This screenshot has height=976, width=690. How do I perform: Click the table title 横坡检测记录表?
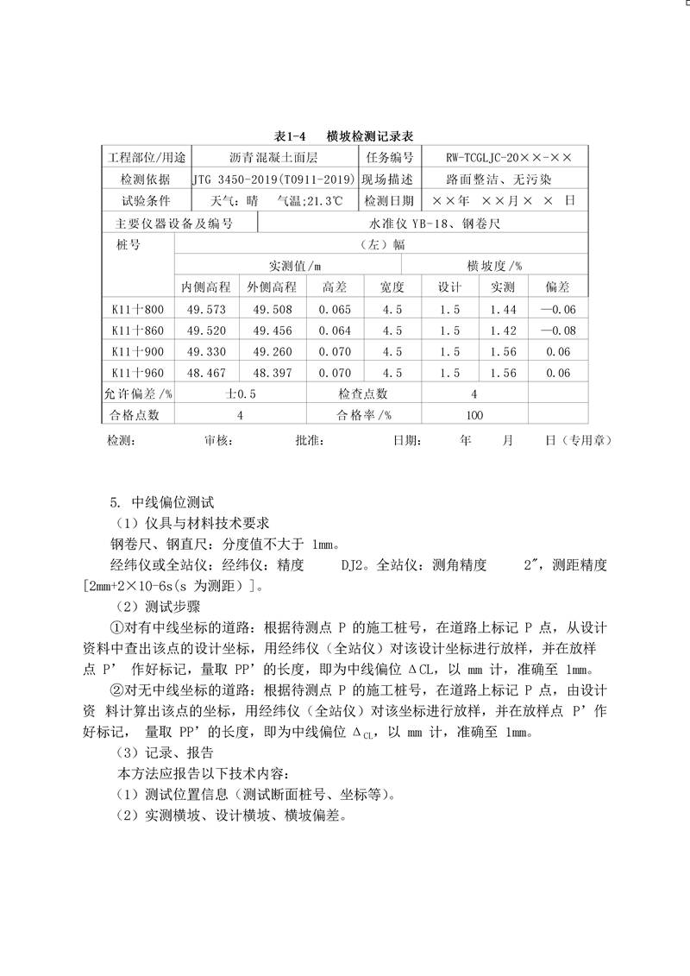click(370, 136)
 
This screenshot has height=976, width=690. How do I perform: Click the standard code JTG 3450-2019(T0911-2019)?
click(273, 179)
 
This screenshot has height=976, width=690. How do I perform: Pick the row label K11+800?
click(138, 309)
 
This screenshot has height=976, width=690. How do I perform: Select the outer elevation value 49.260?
click(276, 352)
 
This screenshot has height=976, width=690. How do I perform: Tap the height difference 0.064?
click(335, 331)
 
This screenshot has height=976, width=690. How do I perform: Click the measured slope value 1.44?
click(503, 309)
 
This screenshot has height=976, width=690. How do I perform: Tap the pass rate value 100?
click(474, 415)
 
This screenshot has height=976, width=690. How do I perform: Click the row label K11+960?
click(138, 373)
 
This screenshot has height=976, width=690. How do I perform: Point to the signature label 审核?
click(219, 440)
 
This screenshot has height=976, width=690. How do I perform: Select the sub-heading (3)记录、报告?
click(159, 752)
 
